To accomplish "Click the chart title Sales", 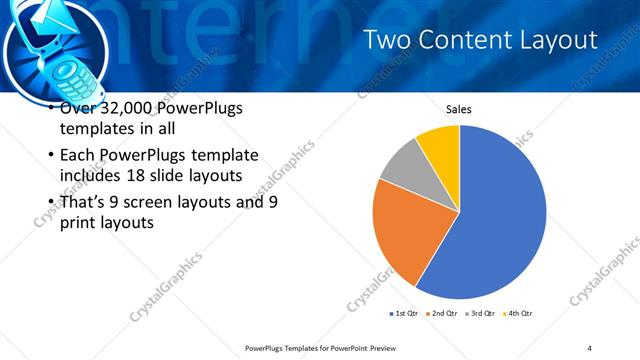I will pyautogui.click(x=459, y=110).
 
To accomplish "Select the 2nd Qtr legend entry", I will pyautogui.click(x=444, y=314).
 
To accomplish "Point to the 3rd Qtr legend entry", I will pyautogui.click(x=480, y=314).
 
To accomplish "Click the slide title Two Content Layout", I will pyautogui.click(x=480, y=40).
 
